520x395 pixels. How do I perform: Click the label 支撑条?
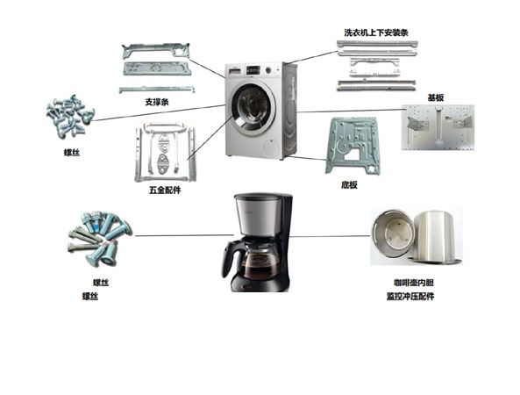pyautogui.click(x=157, y=102)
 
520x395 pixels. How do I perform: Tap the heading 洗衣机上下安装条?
pyautogui.click(x=375, y=32)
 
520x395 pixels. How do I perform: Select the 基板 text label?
pyautogui.click(x=436, y=97)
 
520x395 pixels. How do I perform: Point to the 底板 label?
pyautogui.click(x=349, y=185)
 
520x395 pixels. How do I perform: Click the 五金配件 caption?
pyautogui.click(x=165, y=190)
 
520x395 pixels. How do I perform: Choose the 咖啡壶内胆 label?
pyautogui.click(x=414, y=283)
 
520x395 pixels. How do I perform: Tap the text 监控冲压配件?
pyautogui.click(x=410, y=296)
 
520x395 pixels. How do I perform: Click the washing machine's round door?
pyautogui.click(x=253, y=110)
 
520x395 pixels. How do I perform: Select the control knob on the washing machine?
pyautogui.click(x=268, y=70)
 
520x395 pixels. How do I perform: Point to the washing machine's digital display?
pyautogui.click(x=253, y=70)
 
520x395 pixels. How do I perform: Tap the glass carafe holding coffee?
pyautogui.click(x=260, y=262)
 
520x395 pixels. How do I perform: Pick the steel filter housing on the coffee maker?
pyautogui.click(x=258, y=214)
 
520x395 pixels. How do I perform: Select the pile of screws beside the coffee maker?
pyautogui.click(x=99, y=238)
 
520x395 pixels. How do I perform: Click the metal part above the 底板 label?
pyautogui.click(x=352, y=146)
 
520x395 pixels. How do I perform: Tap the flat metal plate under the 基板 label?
pyautogui.click(x=438, y=127)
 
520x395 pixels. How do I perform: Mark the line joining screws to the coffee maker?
pyautogui.click(x=184, y=235)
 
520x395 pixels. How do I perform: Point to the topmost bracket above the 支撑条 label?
pyautogui.click(x=155, y=50)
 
